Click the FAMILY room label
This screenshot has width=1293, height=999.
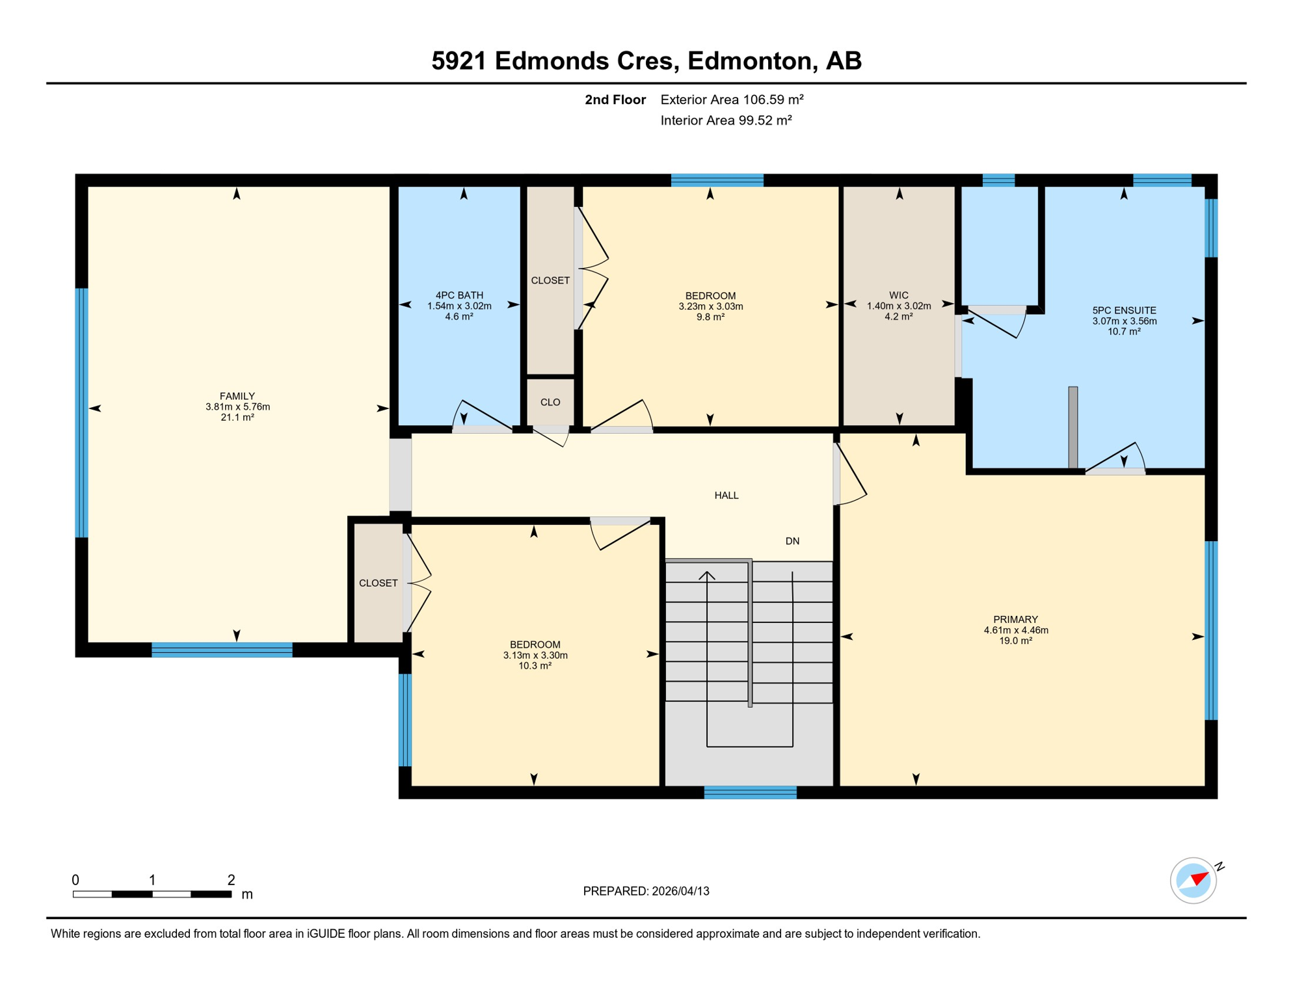click(237, 396)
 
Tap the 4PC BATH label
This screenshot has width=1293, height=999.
click(459, 295)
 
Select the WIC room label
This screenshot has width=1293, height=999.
click(898, 295)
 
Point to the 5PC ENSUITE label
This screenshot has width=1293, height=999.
click(1124, 311)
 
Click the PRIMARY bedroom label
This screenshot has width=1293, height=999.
click(1015, 619)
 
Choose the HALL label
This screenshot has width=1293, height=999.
click(726, 496)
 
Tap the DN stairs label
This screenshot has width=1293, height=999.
click(792, 541)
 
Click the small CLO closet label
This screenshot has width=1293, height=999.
click(550, 403)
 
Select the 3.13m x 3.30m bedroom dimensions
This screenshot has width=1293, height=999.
click(535, 656)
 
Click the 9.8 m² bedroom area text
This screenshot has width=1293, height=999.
click(710, 317)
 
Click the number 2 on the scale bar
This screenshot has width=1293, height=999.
click(231, 880)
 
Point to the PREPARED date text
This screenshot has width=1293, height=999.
click(646, 892)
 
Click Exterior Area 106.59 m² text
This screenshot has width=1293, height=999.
click(732, 100)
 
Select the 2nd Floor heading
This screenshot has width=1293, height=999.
click(615, 100)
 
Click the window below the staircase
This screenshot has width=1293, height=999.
click(750, 792)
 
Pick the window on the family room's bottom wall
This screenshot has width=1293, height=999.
click(222, 650)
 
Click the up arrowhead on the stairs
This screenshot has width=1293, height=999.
click(707, 575)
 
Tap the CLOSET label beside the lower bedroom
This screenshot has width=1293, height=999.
click(378, 583)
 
